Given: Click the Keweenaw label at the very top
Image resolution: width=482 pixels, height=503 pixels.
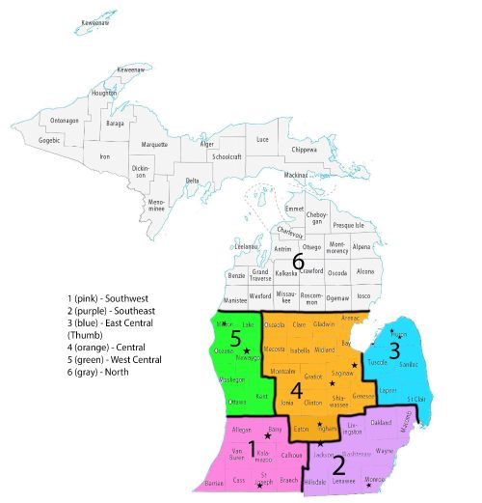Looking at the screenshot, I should pyautogui.click(x=95, y=20).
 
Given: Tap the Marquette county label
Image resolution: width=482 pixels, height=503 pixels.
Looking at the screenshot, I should pyautogui.click(x=154, y=145).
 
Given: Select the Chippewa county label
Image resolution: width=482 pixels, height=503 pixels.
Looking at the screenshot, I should pyautogui.click(x=304, y=150).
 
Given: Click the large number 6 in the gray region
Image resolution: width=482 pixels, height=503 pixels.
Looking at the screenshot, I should pyautogui.click(x=298, y=262).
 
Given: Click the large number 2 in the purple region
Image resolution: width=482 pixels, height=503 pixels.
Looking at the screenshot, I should pyautogui.click(x=338, y=467).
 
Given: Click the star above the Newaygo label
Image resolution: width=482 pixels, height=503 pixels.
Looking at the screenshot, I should pyautogui.click(x=247, y=350).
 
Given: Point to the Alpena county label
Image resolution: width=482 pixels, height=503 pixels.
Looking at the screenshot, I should pyautogui.click(x=362, y=247).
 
